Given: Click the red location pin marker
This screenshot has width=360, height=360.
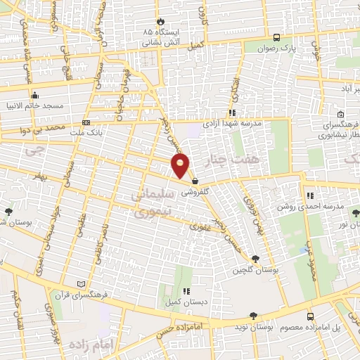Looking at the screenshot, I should point(181,166).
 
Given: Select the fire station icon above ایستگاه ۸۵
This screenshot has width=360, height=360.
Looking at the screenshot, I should point(161,22).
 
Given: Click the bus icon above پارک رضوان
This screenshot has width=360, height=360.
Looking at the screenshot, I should point(276,38).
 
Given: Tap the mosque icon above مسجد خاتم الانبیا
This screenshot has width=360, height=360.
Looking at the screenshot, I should point(34,96).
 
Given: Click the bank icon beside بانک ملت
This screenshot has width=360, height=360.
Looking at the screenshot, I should point(86,122).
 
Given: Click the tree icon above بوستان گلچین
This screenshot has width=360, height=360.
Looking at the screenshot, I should point(255,259).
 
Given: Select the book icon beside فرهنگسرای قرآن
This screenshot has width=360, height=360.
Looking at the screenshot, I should point(82,283).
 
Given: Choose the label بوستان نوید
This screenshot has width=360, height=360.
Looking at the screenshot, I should point(255,328).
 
